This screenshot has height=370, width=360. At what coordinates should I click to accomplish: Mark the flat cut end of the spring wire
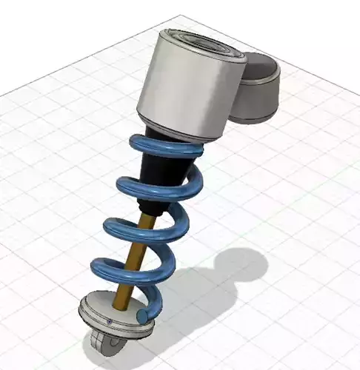142,316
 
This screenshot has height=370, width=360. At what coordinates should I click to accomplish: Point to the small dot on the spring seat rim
108,323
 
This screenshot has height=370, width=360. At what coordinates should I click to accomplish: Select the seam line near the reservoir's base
252,111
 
